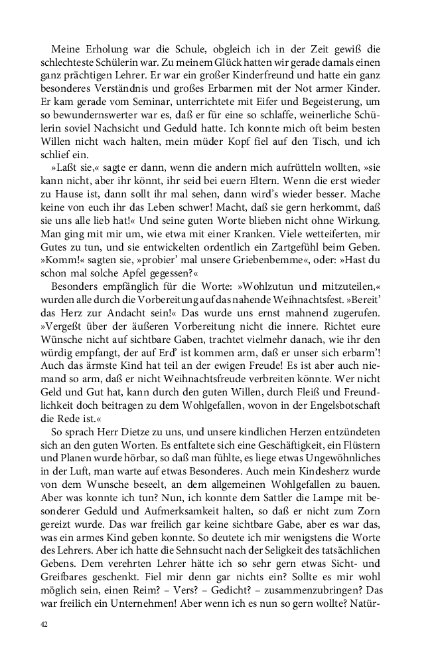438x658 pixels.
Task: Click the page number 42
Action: pyautogui.click(x=44, y=625)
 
